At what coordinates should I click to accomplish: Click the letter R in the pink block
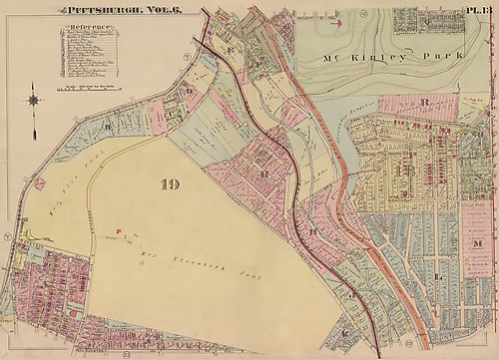(x=424, y=102)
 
